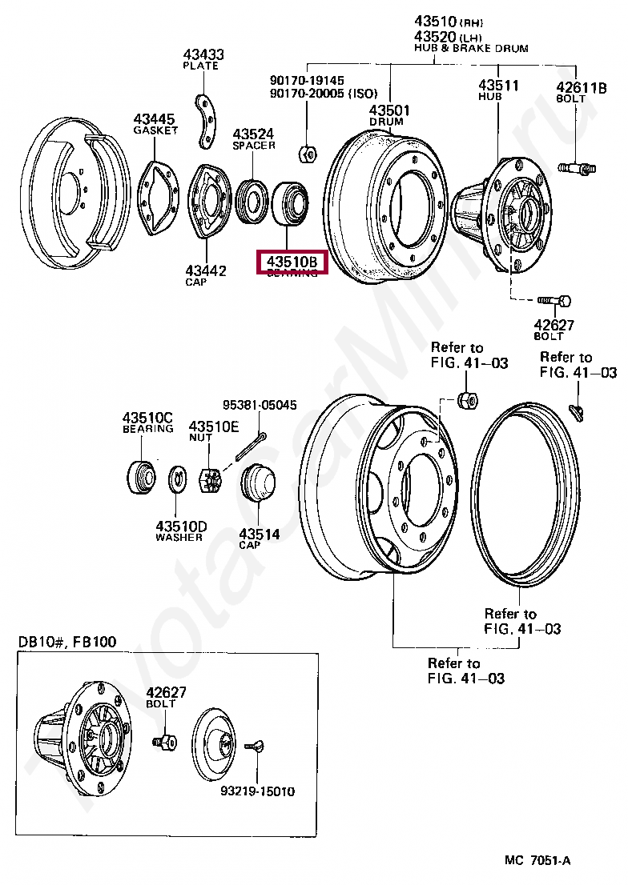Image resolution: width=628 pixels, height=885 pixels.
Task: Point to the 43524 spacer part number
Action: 254,134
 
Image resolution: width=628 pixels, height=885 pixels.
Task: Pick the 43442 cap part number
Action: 205,271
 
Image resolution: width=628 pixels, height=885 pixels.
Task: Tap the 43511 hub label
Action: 499,85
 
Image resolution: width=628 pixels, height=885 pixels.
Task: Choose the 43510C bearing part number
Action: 147,418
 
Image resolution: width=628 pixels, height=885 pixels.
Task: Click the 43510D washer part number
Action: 180,526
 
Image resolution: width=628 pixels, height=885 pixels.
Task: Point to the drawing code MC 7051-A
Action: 537,860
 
